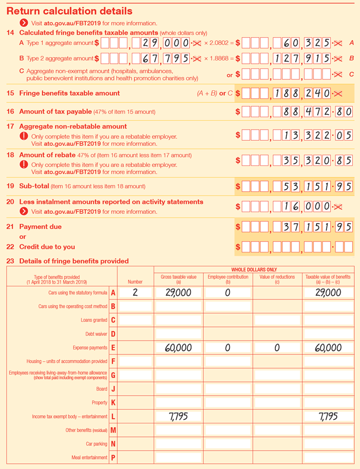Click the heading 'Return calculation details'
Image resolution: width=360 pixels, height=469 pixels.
click(x=69, y=11)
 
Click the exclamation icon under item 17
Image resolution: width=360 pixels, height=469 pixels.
click(x=24, y=136)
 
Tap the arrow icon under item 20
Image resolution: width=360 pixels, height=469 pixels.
click(x=24, y=212)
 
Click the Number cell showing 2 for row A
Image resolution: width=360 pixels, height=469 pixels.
click(x=135, y=293)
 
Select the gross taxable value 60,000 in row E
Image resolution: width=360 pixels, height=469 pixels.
click(x=178, y=348)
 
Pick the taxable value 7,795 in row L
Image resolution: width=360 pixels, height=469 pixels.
click(x=329, y=416)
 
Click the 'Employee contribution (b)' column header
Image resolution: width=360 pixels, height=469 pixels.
click(x=228, y=279)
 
